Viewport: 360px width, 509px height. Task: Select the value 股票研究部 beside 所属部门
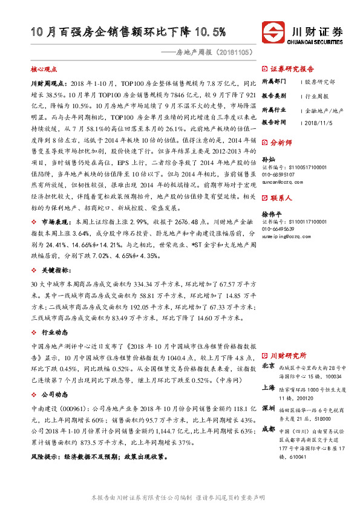pos(319,81)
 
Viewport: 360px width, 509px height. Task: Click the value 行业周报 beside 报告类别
pos(317,96)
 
